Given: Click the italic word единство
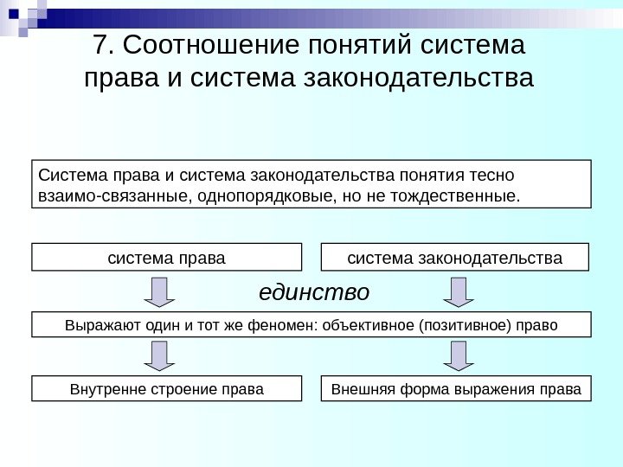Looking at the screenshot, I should tap(314, 292).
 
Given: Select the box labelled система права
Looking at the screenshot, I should tap(166, 258).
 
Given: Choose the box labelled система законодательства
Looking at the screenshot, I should tap(454, 258).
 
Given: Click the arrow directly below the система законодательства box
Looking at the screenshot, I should tap(458, 292).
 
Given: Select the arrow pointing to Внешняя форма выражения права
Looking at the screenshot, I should tap(458, 355).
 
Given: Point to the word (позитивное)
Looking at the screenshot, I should tap(465, 325).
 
